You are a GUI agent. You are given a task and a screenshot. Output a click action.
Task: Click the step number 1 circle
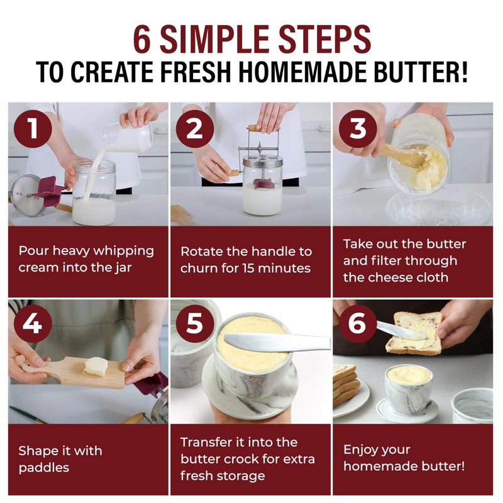pos(33,129)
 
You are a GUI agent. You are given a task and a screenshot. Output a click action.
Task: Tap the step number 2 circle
pos(195,129)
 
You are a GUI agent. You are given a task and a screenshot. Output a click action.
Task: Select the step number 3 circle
pos(358,129)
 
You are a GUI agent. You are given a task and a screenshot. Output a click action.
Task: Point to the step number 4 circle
pos(33,323)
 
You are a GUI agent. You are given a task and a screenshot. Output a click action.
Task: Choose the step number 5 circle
pos(195,323)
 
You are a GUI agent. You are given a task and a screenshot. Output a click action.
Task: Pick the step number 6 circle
pos(358,323)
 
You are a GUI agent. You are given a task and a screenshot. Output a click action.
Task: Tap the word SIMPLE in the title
pos(214,39)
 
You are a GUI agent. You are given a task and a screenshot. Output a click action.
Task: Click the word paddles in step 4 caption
pos(44,468)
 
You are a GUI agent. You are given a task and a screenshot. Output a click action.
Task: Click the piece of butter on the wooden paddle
pos(96,367)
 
